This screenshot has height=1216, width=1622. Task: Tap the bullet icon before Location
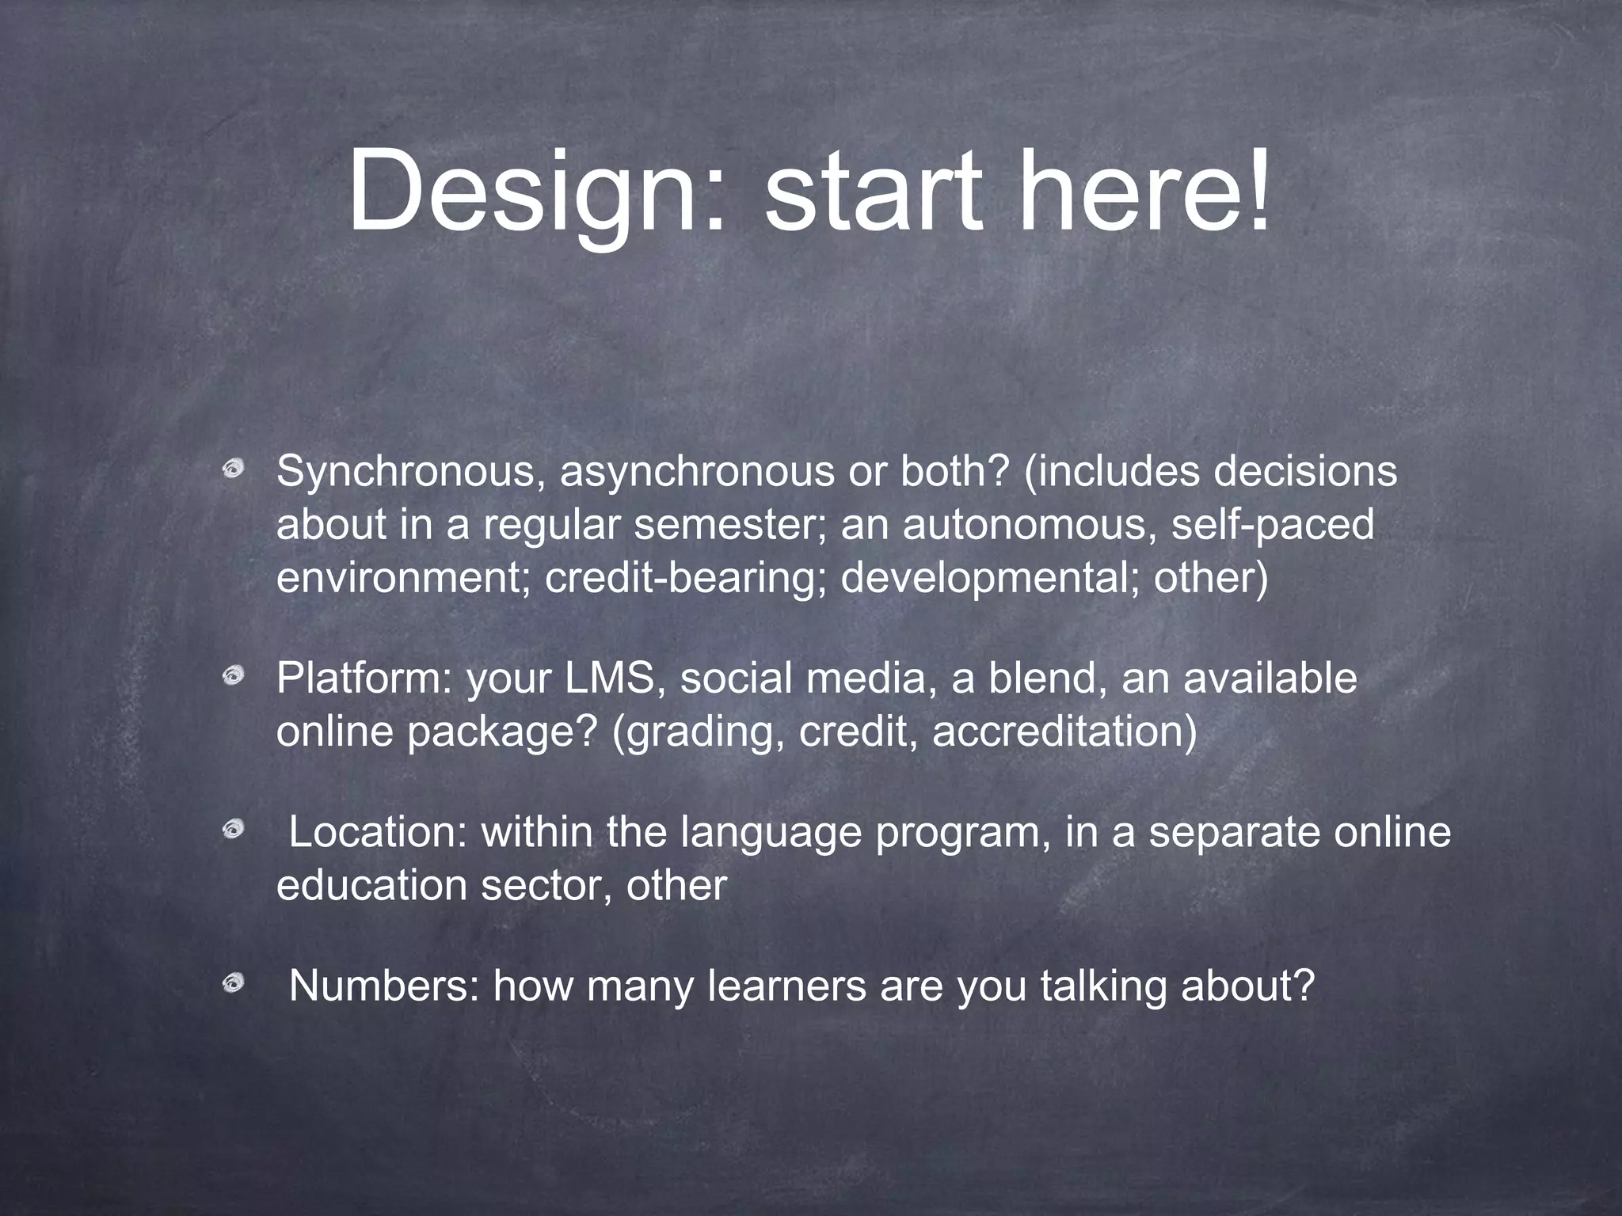pyautogui.click(x=233, y=830)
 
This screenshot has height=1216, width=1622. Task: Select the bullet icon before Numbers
pyautogui.click(x=233, y=984)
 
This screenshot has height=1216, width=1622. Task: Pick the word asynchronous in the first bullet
pyautogui.click(x=697, y=473)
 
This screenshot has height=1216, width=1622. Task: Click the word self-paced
pyautogui.click(x=1273, y=525)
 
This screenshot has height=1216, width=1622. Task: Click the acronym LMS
pyautogui.click(x=615, y=678)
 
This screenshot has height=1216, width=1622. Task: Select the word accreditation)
pyautogui.click(x=1064, y=731)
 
